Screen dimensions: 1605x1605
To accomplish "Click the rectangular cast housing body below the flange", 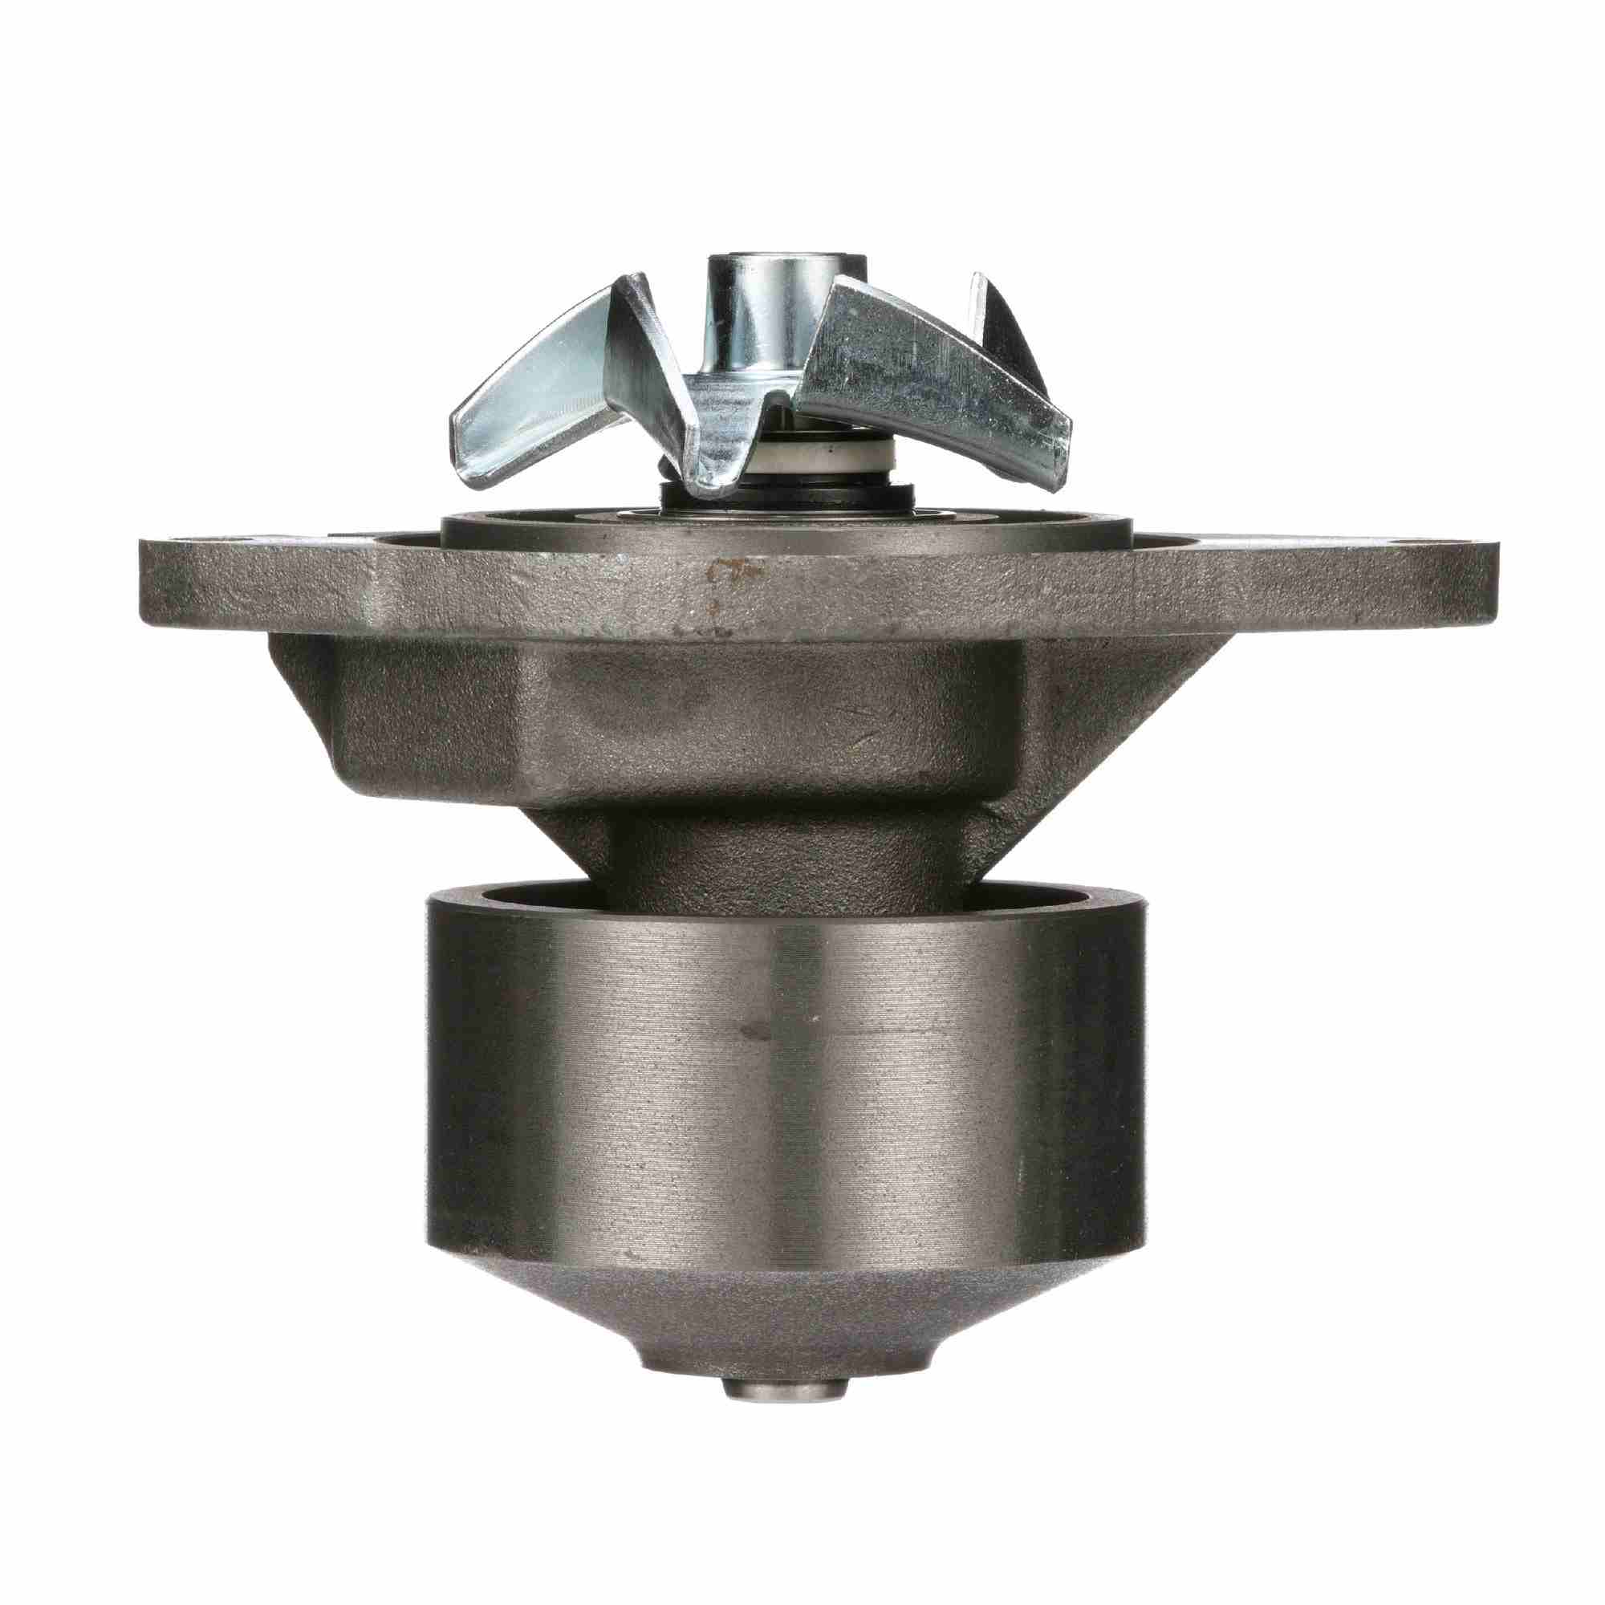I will [664, 714].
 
